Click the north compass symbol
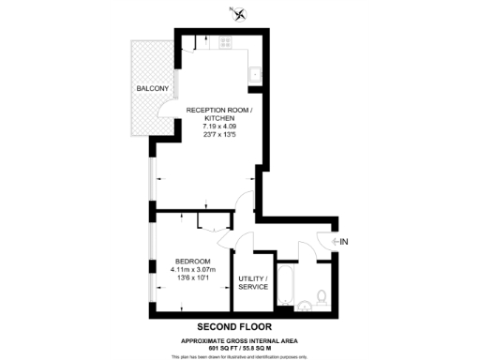tap(241, 13)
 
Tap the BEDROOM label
tap(192, 261)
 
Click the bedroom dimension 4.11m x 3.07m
tap(192, 269)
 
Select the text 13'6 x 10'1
tap(192, 277)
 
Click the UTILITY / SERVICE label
tap(253, 282)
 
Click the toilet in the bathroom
tap(321, 298)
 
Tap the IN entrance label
tap(344, 242)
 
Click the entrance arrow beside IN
tap(335, 242)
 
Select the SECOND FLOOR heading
tap(241, 326)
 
